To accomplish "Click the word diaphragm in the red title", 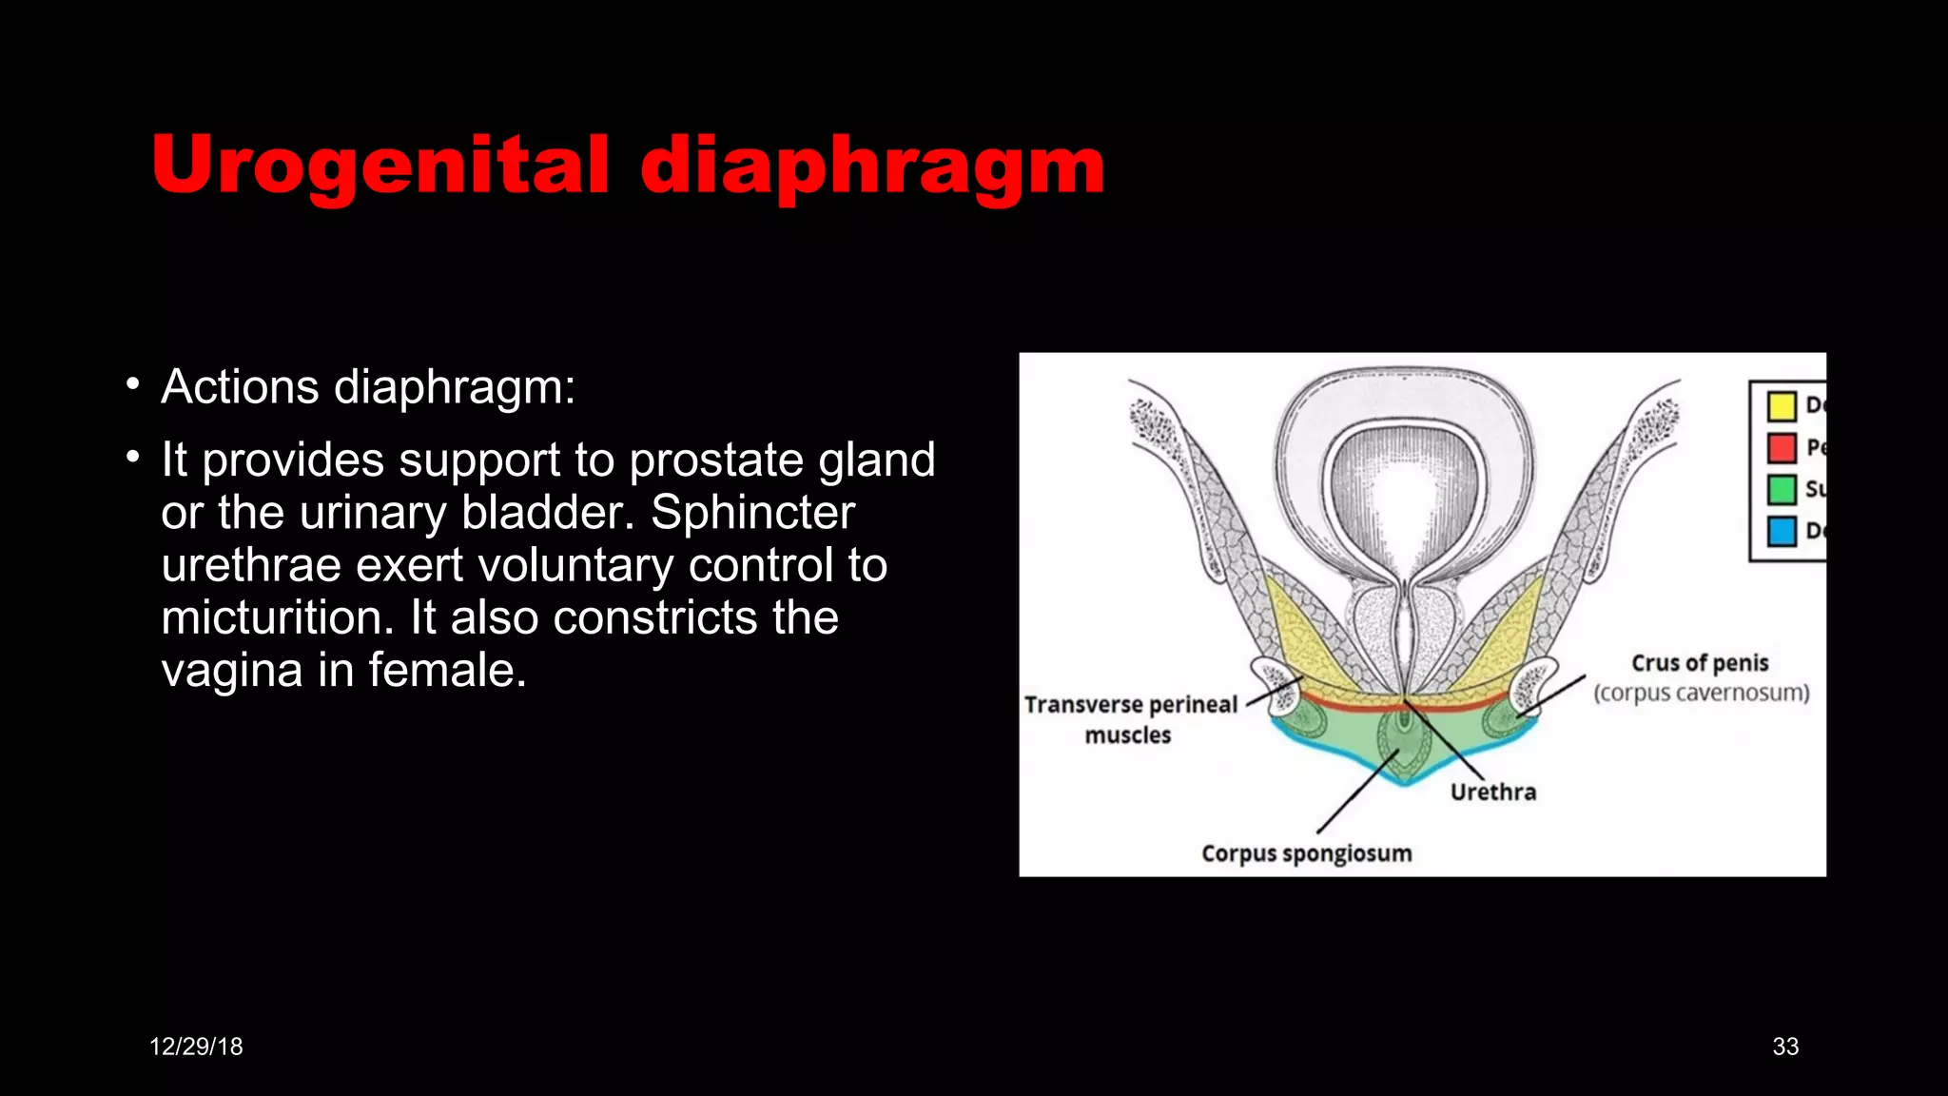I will (x=872, y=165).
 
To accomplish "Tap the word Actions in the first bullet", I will (x=240, y=387).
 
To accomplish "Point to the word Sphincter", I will (x=752, y=513).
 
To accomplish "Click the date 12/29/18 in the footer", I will (x=196, y=1047).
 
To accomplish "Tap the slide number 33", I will (x=1785, y=1047).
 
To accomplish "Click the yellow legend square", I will (x=1782, y=406).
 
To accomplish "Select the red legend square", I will (x=1782, y=447).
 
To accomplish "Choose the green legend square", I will (x=1782, y=489).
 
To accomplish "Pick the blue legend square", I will (x=1782, y=531).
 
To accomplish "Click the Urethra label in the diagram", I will (x=1492, y=792).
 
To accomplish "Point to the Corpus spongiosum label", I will (x=1306, y=853).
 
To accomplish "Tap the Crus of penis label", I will (x=1700, y=663).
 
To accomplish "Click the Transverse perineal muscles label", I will (x=1130, y=718).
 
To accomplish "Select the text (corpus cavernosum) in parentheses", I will (x=1702, y=693).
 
